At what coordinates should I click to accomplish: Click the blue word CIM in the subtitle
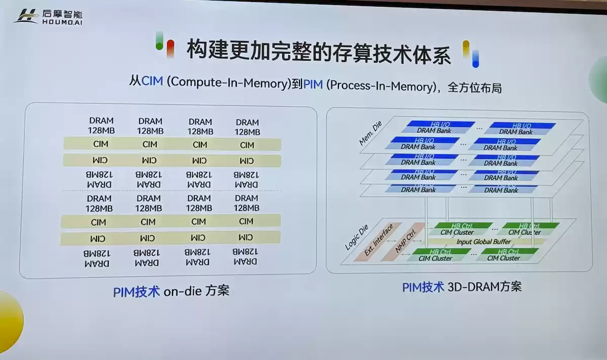tap(152, 81)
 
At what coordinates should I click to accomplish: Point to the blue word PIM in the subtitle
tap(313, 84)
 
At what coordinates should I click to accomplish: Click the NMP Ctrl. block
tap(409, 238)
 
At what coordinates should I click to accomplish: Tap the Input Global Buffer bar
tap(484, 242)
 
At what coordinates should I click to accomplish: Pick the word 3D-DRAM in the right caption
tap(472, 287)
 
